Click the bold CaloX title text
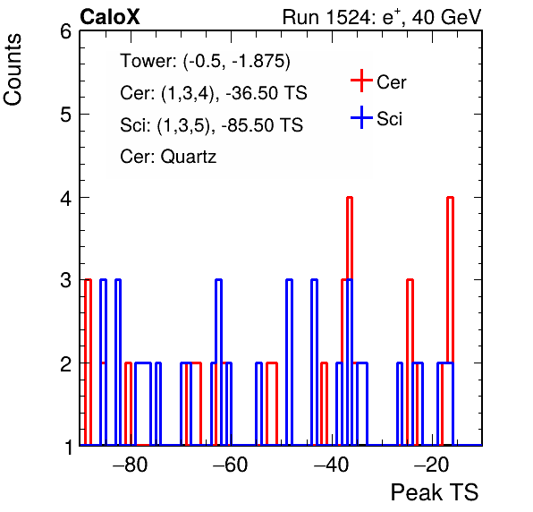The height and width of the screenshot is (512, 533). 110,17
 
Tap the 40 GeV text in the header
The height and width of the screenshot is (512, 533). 446,17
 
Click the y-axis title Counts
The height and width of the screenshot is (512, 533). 13,70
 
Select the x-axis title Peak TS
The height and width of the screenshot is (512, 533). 435,492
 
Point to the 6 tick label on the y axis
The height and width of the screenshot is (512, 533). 66,32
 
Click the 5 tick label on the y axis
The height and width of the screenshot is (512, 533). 66,115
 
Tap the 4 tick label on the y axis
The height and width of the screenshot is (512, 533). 66,198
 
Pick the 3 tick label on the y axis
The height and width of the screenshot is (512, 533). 66,280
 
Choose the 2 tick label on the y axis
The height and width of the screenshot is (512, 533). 66,363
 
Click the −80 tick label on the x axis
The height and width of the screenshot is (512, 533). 131,465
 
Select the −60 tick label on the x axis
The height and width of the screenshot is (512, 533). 231,465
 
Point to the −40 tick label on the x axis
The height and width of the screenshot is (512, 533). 332,465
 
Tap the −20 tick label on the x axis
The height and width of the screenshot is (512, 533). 432,465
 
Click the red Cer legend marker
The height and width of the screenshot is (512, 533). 361,81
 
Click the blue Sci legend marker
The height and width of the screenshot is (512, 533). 361,117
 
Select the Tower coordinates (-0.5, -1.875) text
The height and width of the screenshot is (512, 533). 237,61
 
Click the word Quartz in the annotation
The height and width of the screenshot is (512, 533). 189,158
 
